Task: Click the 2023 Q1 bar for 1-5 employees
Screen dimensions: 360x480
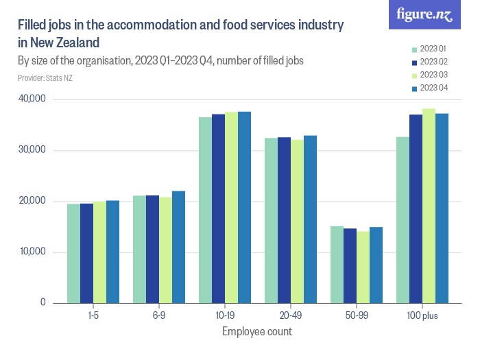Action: (x=73, y=253)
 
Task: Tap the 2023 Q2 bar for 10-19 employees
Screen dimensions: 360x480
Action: (x=218, y=208)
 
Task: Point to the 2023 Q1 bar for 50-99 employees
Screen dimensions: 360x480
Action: (x=337, y=264)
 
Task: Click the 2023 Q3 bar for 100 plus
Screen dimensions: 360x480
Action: (x=429, y=206)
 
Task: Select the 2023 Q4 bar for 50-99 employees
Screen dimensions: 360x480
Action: (x=376, y=265)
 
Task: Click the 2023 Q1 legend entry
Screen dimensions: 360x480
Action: (x=429, y=49)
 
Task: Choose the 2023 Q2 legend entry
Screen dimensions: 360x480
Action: (x=429, y=62)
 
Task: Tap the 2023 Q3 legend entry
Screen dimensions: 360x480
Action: (x=429, y=75)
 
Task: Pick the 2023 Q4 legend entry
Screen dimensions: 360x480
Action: (x=429, y=88)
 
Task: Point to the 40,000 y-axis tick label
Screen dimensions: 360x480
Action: (x=32, y=99)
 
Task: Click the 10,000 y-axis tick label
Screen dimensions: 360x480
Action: (x=32, y=252)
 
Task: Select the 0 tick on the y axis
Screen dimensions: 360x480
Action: (x=43, y=303)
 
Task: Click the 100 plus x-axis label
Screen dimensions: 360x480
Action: (x=422, y=315)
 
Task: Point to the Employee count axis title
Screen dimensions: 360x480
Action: (x=257, y=332)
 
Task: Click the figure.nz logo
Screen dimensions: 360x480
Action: (x=425, y=15)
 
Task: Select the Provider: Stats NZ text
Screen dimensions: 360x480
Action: (x=45, y=78)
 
